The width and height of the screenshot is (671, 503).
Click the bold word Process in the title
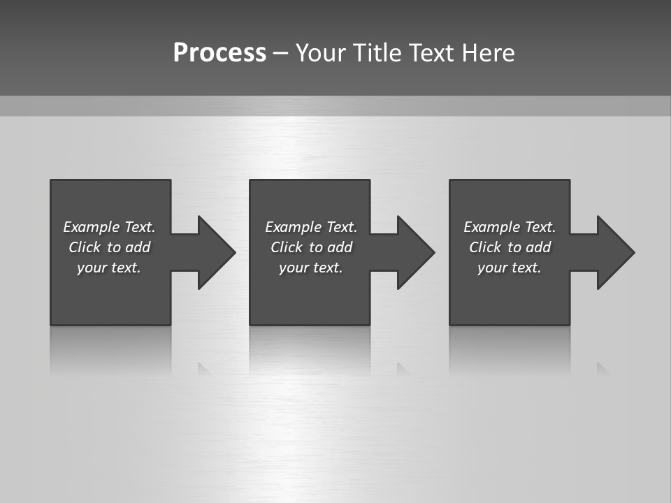tap(219, 52)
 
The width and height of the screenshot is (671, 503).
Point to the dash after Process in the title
tap(280, 53)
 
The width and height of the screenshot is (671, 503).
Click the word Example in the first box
tap(91, 227)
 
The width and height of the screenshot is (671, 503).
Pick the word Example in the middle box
tap(293, 227)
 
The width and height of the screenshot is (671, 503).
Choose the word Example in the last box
tap(491, 227)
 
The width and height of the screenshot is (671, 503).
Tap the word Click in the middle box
tap(287, 247)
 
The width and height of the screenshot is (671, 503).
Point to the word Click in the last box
tap(485, 247)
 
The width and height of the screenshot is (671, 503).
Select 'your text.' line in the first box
tap(109, 268)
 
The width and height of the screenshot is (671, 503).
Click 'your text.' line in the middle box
tap(311, 268)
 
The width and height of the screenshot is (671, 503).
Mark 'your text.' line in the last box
tap(510, 268)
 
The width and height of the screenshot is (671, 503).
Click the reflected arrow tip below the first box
tap(204, 368)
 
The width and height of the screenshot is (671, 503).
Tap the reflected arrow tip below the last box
tap(603, 368)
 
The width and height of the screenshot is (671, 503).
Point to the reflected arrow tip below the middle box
tap(403, 368)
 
